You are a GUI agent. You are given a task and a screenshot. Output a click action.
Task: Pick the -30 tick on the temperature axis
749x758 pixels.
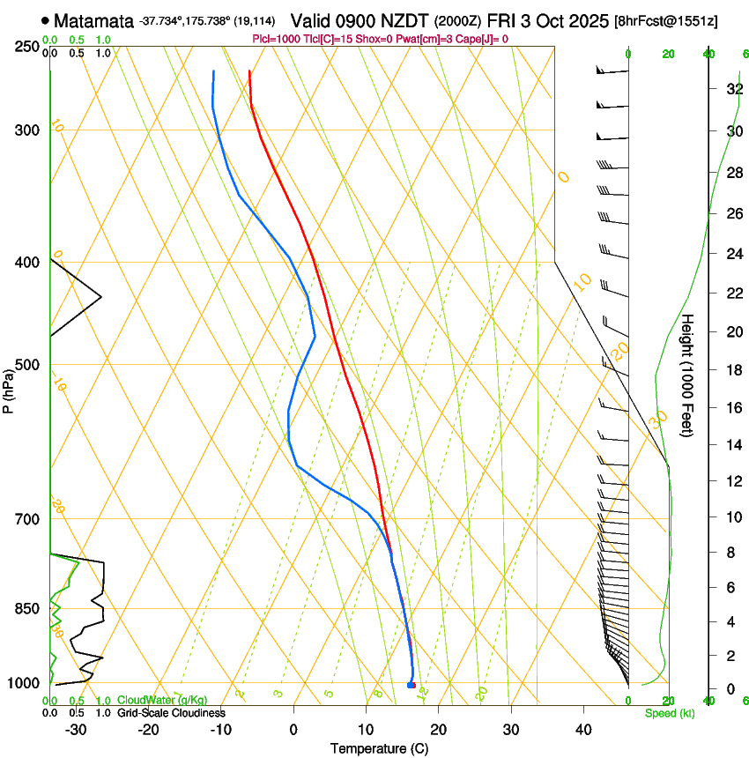click(76, 730)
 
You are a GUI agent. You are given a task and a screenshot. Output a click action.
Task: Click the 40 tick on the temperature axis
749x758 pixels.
click(583, 730)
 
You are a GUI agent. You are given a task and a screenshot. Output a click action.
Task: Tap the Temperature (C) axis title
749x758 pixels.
click(379, 748)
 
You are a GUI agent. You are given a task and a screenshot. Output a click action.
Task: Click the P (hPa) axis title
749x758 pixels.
click(8, 389)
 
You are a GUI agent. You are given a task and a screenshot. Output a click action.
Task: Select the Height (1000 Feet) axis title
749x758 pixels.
click(688, 375)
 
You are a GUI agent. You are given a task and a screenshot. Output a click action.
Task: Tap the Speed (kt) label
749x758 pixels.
click(669, 713)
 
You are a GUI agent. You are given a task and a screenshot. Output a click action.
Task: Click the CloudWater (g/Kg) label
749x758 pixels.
click(162, 700)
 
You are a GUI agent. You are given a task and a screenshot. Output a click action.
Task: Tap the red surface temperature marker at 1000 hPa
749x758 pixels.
click(412, 685)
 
